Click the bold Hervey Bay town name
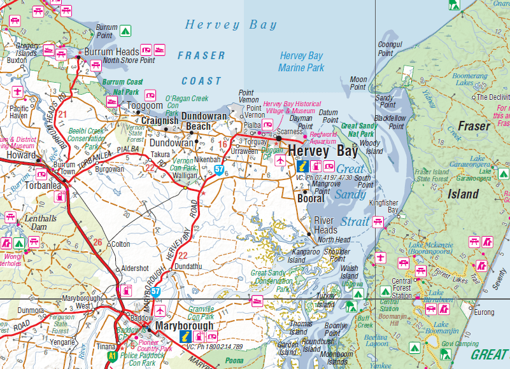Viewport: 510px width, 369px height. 322,151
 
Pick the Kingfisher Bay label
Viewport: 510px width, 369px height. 385,205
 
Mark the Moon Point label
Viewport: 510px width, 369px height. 358,83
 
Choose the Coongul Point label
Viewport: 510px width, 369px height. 390,49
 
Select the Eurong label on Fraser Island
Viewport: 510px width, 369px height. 484,312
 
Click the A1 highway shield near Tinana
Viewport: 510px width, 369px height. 113,356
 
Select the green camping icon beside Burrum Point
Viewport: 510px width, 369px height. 125,30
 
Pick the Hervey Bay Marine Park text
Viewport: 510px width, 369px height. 301,62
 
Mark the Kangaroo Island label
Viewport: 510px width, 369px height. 296,256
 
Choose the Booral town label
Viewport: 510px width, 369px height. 311,198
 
